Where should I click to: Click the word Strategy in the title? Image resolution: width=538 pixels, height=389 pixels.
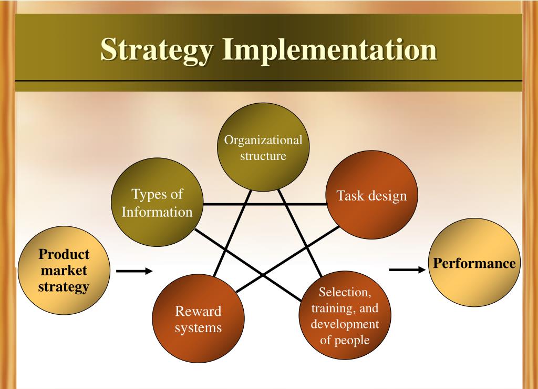tap(158, 51)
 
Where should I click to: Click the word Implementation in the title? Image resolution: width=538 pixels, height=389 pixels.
tap(329, 49)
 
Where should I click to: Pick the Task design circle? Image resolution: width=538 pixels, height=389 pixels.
tap(372, 196)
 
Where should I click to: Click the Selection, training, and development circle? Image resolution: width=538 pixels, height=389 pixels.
tap(345, 316)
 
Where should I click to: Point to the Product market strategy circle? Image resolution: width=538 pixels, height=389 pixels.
tap(65, 271)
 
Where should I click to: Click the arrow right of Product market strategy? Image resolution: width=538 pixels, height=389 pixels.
tap(134, 271)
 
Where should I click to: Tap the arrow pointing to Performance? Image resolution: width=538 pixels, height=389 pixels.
tap(407, 270)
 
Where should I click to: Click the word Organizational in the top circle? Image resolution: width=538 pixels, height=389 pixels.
tap(263, 141)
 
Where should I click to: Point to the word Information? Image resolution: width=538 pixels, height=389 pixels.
tap(157, 212)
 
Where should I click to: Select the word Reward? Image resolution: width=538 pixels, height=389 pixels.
tap(198, 311)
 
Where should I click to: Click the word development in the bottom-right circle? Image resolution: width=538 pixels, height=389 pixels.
tap(345, 324)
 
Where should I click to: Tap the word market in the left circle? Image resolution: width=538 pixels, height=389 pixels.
tap(65, 271)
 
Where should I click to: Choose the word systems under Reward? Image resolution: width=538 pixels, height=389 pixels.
tap(198, 328)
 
